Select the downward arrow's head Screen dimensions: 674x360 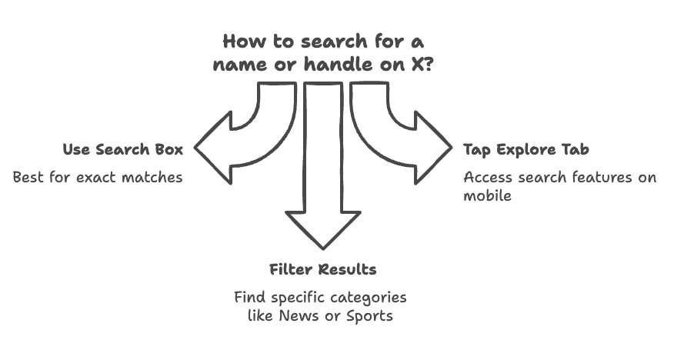click(323, 230)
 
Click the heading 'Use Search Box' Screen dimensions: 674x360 click(123, 149)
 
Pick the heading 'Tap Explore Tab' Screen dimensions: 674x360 click(526, 150)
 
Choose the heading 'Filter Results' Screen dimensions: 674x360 click(323, 269)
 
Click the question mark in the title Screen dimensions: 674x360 click(427, 64)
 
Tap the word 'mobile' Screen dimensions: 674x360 click(488, 196)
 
